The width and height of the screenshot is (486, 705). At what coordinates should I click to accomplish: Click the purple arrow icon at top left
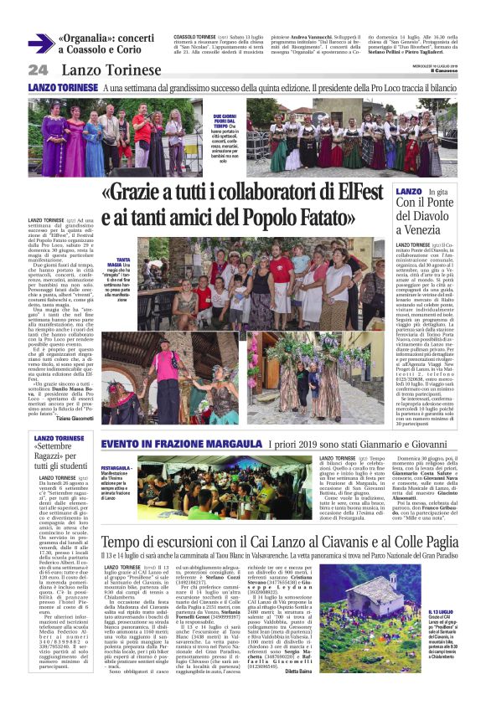click(40, 44)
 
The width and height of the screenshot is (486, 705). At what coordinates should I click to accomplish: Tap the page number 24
click(39, 70)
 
